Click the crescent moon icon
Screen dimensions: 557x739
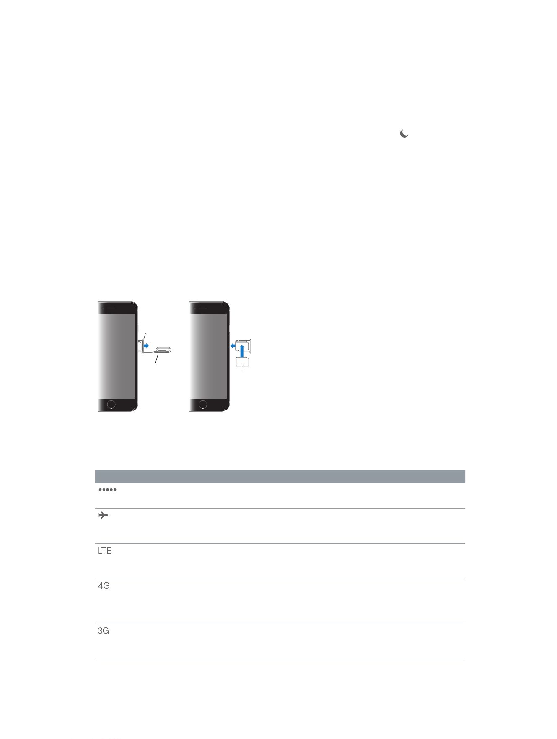[404, 134]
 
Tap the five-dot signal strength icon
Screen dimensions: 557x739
[107, 490]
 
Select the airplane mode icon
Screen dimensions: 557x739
[103, 515]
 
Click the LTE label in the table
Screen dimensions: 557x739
[105, 551]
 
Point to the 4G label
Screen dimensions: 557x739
[104, 586]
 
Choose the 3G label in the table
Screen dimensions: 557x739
[104, 631]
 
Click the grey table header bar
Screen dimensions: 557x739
[280, 476]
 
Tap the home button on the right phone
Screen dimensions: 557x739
[203, 405]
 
